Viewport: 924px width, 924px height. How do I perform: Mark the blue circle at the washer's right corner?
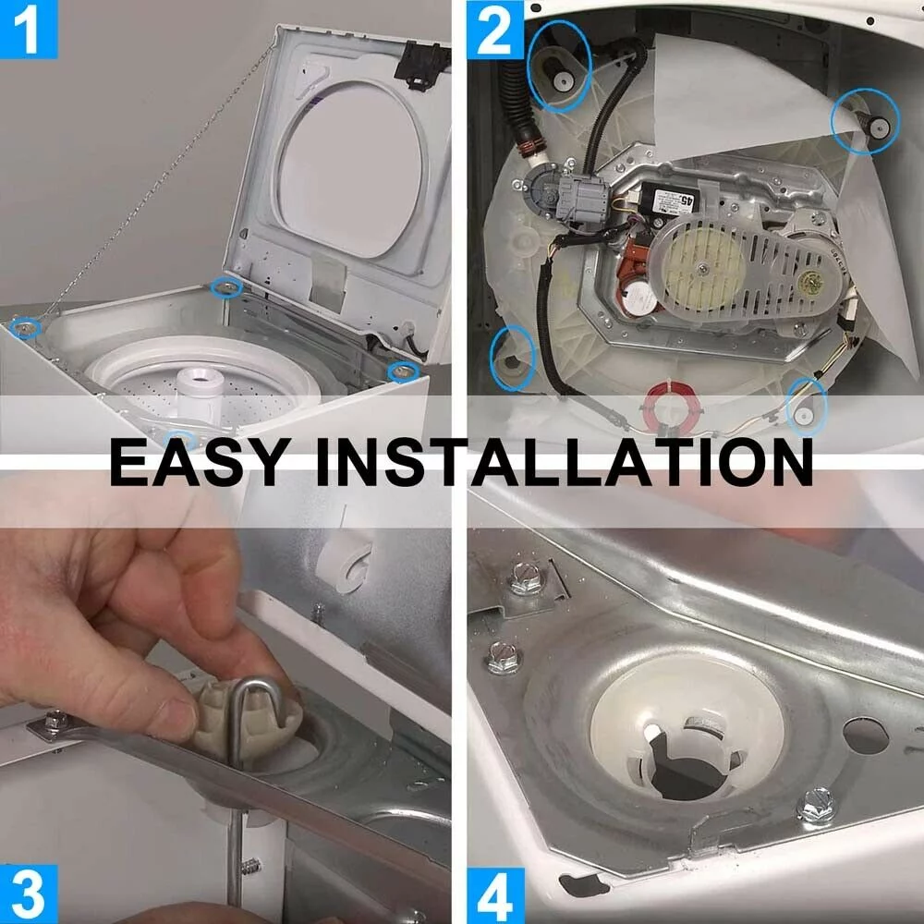402,371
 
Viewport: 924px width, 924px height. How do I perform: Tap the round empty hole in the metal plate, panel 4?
865,735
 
